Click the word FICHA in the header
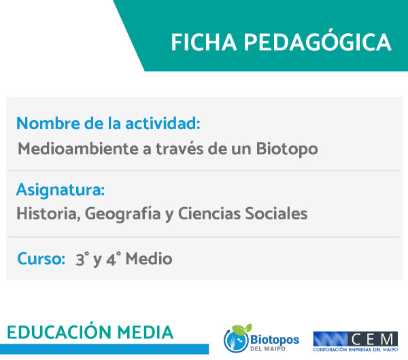(204, 42)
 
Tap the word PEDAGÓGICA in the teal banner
(318, 41)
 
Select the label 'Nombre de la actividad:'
(108, 123)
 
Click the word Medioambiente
(78, 149)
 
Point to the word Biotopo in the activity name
(287, 149)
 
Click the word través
(180, 149)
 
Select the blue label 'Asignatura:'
(61, 190)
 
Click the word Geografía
(123, 214)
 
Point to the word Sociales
(276, 214)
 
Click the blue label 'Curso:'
(41, 259)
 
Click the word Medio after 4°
(149, 259)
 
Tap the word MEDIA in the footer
(145, 332)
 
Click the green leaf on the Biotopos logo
(242, 329)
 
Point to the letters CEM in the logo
(373, 339)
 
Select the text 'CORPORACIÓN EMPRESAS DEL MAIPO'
(356, 350)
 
